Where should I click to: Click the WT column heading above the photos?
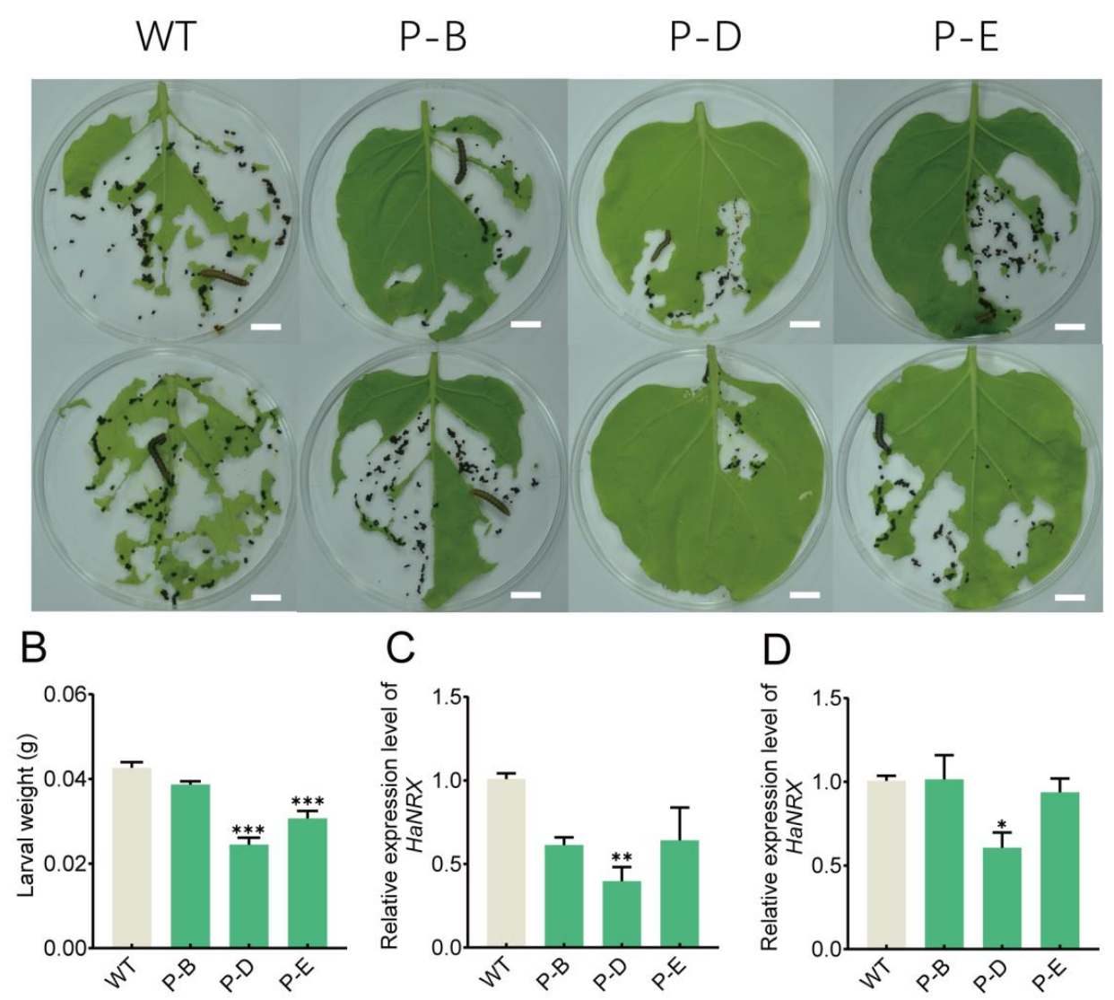(166, 38)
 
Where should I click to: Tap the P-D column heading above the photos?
(706, 38)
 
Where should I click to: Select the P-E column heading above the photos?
(966, 38)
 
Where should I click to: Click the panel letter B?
(33, 648)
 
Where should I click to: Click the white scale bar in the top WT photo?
(265, 327)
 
